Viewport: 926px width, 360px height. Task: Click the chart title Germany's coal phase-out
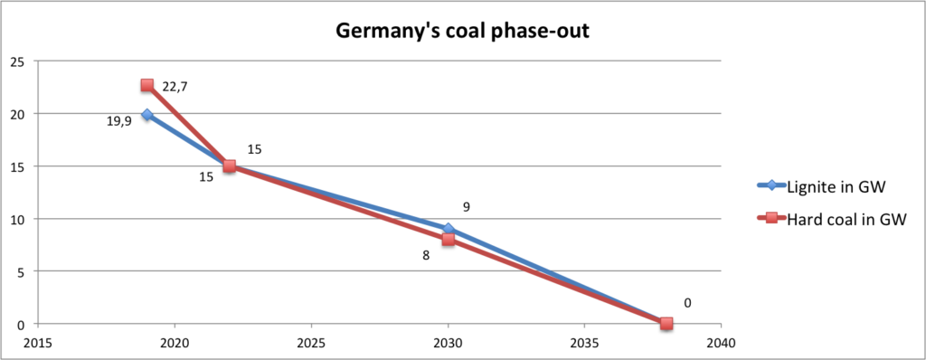[463, 30]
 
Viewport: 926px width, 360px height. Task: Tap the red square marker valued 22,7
[147, 85]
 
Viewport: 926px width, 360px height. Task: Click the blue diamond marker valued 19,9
[147, 115]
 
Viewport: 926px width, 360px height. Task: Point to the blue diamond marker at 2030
[448, 229]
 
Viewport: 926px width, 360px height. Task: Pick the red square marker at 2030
[448, 240]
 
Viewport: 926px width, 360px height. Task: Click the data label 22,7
[176, 86]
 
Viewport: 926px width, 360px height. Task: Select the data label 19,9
[118, 120]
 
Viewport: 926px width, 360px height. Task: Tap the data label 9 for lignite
[467, 207]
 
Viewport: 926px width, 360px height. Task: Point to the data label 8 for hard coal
[426, 255]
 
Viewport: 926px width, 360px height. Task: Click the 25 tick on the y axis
[16, 62]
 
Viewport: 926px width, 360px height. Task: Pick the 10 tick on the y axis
[16, 219]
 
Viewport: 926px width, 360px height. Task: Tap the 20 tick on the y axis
[16, 114]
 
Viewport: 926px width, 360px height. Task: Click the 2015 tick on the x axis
[38, 344]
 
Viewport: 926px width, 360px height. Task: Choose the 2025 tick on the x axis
[311, 344]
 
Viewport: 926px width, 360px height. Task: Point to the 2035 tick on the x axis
[584, 344]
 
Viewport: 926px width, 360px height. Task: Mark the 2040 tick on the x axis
[721, 344]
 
